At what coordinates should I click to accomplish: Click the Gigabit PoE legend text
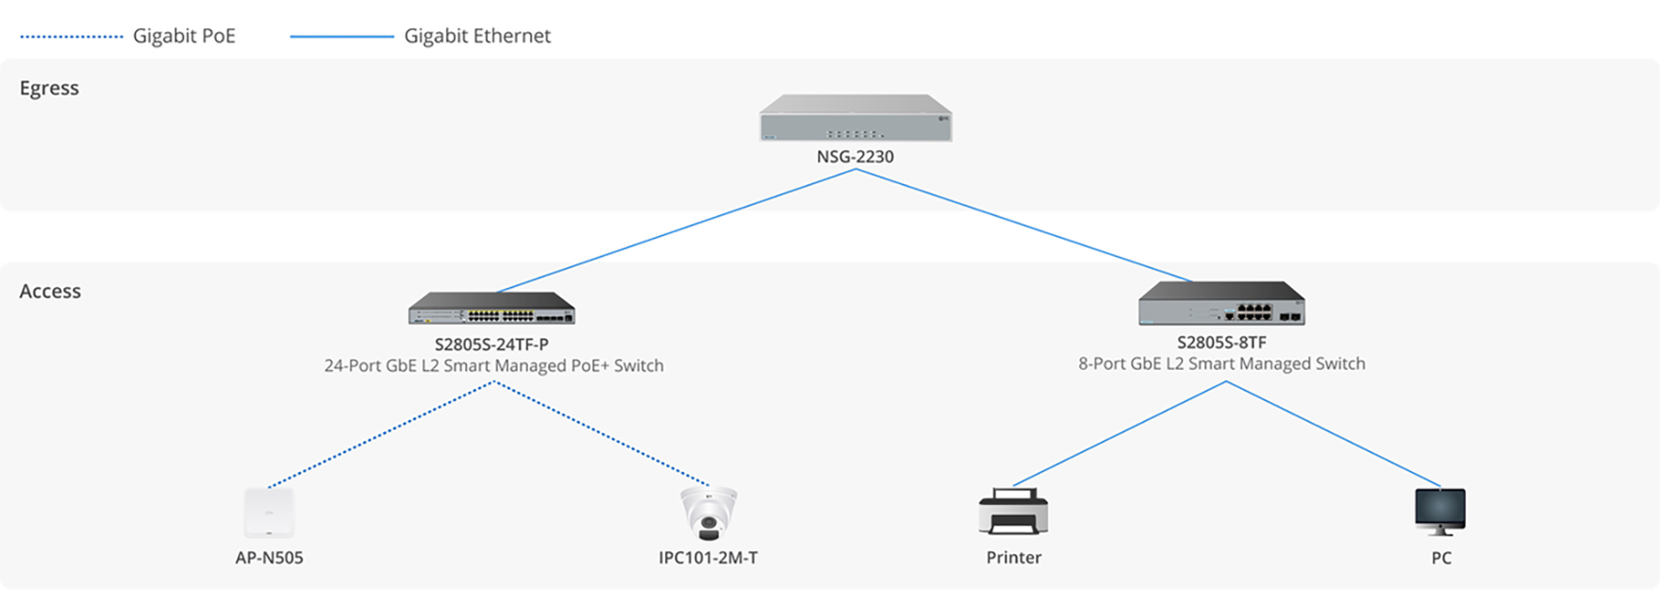click(184, 36)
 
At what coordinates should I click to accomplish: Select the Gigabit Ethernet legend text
click(477, 36)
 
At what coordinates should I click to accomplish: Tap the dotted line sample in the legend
click(72, 37)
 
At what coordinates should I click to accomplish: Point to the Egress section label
click(49, 88)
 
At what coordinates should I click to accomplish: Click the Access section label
click(50, 291)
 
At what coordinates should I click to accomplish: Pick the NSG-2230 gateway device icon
click(855, 118)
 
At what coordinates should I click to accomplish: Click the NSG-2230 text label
click(855, 157)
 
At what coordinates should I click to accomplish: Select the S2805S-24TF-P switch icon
click(491, 308)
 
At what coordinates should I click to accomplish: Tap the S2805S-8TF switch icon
click(1221, 303)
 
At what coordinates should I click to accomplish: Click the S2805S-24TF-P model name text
click(491, 345)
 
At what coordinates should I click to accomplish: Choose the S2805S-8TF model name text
click(1221, 343)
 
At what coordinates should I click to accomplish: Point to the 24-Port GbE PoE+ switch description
click(493, 366)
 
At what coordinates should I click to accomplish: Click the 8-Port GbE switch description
click(1221, 364)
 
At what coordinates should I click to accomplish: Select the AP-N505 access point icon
click(269, 513)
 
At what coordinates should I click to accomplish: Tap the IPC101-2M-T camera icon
click(708, 513)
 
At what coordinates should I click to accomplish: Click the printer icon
click(1013, 512)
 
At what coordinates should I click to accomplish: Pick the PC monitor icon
click(1440, 512)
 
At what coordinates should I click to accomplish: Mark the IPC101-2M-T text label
click(708, 558)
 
